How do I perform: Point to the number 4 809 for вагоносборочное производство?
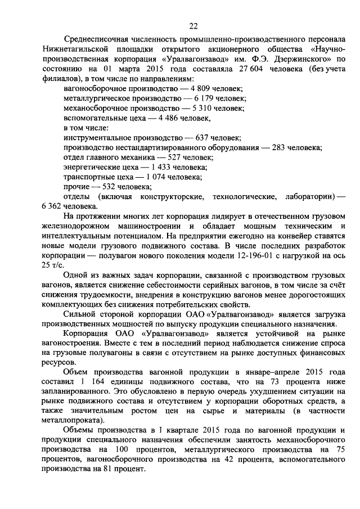tap(201, 89)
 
